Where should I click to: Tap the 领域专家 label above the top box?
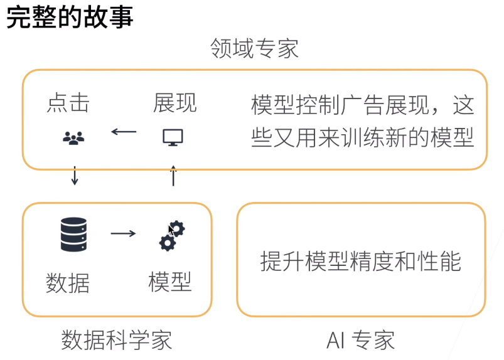pos(254,48)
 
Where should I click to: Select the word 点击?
pos(68,103)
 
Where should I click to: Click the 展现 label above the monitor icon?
pos(174,103)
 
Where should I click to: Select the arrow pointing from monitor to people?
pos(124,132)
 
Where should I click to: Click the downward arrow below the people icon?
pos(75,176)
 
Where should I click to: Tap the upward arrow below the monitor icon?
pos(174,176)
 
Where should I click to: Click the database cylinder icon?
pos(73,235)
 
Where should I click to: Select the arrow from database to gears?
pos(124,234)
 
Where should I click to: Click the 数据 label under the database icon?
pos(68,283)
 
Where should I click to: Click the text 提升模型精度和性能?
pos(360,261)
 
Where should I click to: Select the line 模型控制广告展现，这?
pos(362,105)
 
